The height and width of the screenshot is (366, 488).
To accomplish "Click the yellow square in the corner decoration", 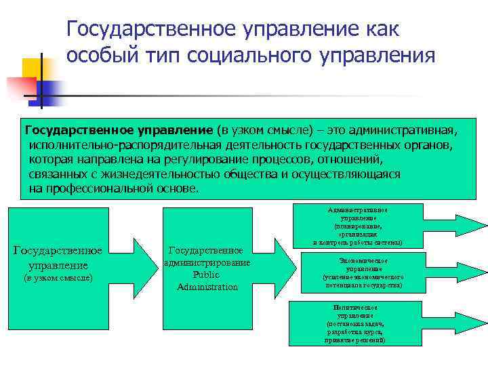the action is pos(35,68).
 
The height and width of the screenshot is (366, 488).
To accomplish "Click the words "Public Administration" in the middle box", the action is pos(207,281).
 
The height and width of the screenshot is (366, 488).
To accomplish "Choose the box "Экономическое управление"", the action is pos(363,272).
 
